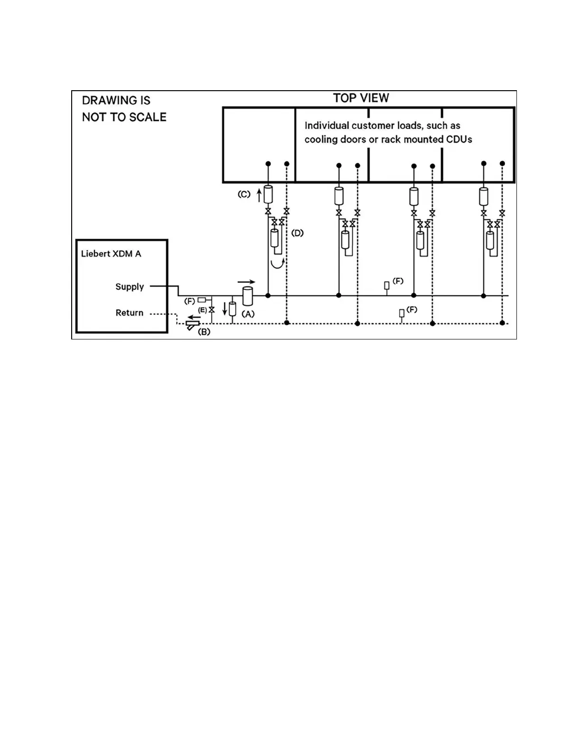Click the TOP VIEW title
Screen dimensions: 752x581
click(x=361, y=98)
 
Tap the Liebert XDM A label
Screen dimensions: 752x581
click(x=111, y=254)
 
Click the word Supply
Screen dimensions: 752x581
click(x=130, y=287)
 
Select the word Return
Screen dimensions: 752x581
click(x=130, y=313)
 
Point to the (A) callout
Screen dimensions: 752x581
click(x=248, y=314)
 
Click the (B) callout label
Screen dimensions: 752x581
click(x=204, y=332)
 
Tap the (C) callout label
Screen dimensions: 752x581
click(x=244, y=194)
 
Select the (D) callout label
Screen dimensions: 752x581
click(x=297, y=233)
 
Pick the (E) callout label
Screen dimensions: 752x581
click(x=202, y=310)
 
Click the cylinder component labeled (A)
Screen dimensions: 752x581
click(x=248, y=296)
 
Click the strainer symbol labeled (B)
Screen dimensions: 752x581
click(x=193, y=325)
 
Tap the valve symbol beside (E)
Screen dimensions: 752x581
click(x=212, y=310)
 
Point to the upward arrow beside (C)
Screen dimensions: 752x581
click(x=259, y=195)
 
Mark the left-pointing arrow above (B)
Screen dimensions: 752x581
click(x=194, y=318)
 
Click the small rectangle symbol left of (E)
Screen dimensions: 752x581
click(x=202, y=300)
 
